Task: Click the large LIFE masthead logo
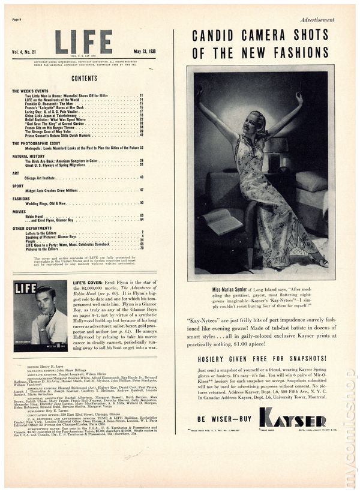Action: [83, 41]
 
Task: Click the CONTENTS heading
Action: [84, 79]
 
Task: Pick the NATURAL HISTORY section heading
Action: [29, 156]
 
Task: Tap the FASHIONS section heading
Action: [21, 198]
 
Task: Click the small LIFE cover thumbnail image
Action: [40, 315]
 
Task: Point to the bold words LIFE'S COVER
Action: [88, 282]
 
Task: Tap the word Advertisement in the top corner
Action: [318, 20]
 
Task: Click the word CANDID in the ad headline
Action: [211, 35]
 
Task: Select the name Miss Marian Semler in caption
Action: [233, 289]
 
